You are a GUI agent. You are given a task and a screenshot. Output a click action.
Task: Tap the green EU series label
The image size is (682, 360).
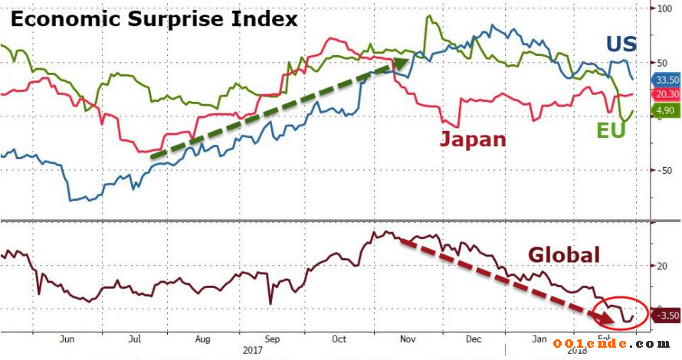tap(611, 131)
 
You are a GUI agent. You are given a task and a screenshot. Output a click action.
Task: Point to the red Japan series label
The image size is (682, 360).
tap(473, 139)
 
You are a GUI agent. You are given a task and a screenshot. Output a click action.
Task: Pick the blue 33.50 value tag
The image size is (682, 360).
tap(664, 80)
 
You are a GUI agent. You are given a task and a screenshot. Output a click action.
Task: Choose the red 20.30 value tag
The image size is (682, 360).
tap(664, 94)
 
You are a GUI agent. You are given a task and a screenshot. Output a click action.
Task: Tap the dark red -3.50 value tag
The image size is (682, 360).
tap(664, 316)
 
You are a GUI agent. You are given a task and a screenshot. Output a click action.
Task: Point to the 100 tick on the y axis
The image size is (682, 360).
tap(661, 9)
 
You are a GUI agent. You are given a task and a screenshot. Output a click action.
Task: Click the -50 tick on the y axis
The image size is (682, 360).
tap(660, 172)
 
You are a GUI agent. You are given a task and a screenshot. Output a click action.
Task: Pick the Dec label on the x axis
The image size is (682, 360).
tap(473, 339)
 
